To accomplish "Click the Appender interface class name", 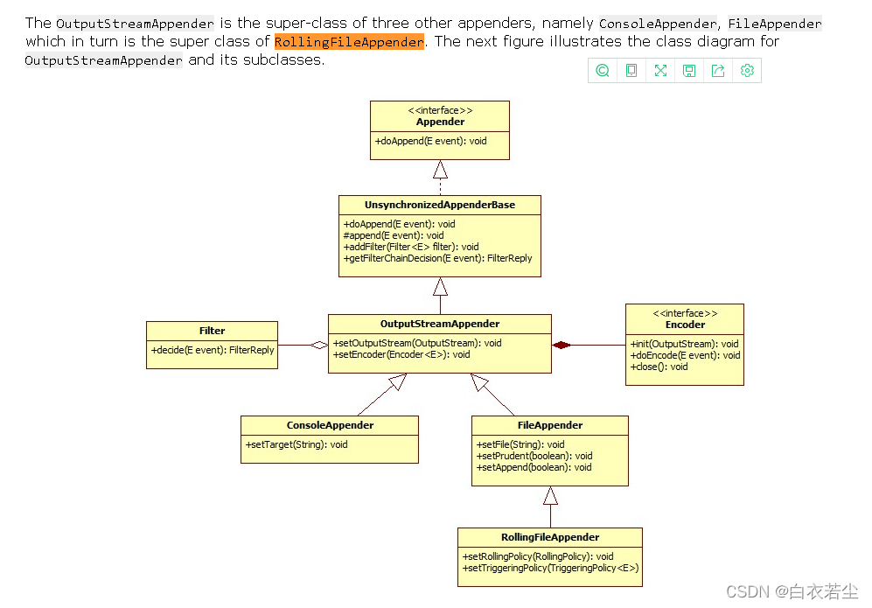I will [440, 122].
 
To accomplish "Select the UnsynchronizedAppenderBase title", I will [440, 205].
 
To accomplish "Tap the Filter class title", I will [212, 331].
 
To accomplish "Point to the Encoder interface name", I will [685, 325].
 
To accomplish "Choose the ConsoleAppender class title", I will [330, 425].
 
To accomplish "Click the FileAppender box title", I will [549, 425].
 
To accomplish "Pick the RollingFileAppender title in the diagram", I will [550, 537].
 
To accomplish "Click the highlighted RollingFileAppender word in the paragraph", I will [349, 41].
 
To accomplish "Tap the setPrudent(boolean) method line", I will [534, 456].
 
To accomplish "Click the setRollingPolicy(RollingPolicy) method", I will [538, 556].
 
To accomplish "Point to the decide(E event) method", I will [213, 350].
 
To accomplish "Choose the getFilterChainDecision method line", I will [437, 258].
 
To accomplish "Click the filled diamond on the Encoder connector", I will [562, 345].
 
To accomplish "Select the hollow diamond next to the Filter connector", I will [319, 345].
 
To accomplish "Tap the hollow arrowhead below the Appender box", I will [440, 169].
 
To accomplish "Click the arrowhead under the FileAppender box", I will [550, 497].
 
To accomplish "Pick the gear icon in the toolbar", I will [747, 71].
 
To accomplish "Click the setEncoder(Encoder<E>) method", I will [401, 354].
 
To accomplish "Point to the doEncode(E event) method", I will [685, 355].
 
